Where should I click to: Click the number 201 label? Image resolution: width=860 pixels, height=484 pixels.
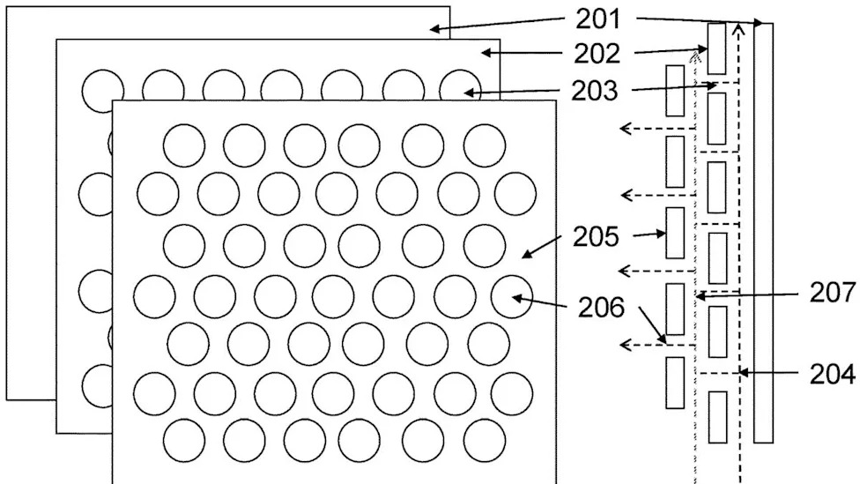coord(597,19)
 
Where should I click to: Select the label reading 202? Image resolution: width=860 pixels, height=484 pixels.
coord(597,54)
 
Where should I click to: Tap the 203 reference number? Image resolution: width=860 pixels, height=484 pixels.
coord(595,91)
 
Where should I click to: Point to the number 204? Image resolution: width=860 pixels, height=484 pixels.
coord(833,375)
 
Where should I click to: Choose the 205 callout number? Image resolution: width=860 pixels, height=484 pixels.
coord(596,236)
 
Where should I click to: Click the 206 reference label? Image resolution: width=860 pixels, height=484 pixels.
coord(601,308)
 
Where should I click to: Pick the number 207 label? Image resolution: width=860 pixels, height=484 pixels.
coord(833,293)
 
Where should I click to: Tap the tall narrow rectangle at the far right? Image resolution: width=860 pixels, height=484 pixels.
coord(763,233)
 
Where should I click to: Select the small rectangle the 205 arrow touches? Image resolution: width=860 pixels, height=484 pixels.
coord(675,233)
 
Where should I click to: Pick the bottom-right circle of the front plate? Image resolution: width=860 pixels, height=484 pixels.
coord(485,441)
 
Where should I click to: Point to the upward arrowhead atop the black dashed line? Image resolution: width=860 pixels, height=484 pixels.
coord(738,28)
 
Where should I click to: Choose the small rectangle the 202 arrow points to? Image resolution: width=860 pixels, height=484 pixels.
coord(717,48)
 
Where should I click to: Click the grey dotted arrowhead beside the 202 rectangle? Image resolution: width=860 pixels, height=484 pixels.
coord(695,56)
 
